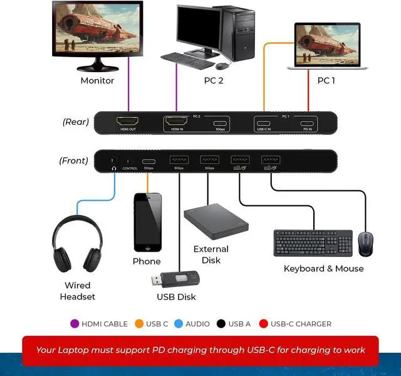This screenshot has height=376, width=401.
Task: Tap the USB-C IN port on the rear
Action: (264, 122)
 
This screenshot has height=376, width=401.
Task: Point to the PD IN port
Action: (307, 122)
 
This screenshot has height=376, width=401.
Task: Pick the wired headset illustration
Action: (77, 245)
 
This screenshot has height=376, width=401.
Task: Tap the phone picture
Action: (147, 222)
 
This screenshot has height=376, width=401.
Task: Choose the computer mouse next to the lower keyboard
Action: (365, 244)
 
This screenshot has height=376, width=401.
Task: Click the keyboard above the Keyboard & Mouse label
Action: (313, 242)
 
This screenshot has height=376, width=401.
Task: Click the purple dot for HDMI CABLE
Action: (75, 324)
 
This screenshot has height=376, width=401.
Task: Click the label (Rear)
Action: (75, 122)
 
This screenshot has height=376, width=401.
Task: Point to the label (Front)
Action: (73, 161)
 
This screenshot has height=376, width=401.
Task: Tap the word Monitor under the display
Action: (97, 80)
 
